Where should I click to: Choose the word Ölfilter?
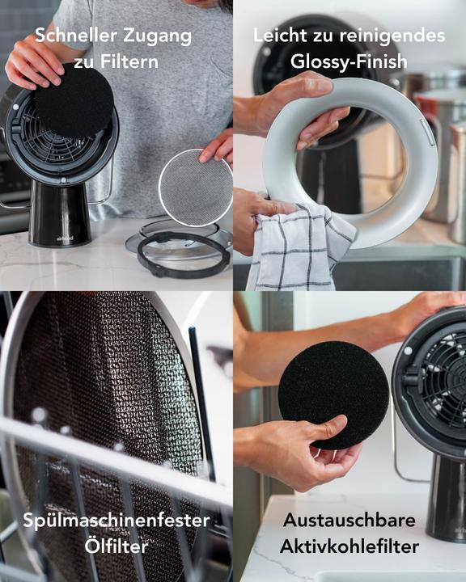tap(116, 546)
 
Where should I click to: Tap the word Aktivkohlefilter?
tap(349, 546)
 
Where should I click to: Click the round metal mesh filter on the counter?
tap(194, 188)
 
